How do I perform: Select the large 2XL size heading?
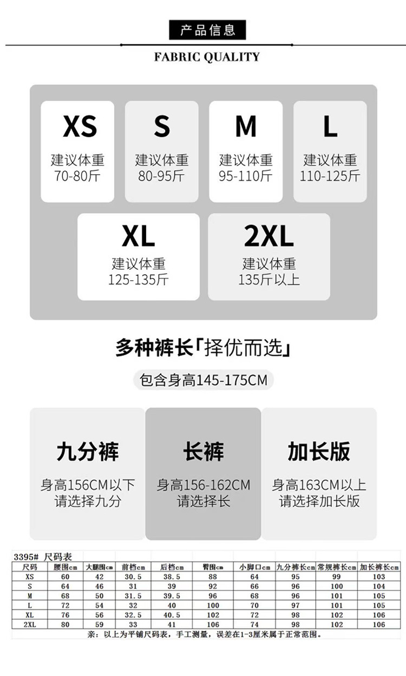(x=269, y=237)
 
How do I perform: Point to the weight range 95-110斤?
(x=246, y=176)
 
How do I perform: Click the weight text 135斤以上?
(x=269, y=280)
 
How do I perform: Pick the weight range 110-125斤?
(x=330, y=176)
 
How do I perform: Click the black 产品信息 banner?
(x=207, y=30)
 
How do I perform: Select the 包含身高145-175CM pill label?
(x=204, y=380)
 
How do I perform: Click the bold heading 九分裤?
(x=88, y=452)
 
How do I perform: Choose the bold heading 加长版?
(x=319, y=452)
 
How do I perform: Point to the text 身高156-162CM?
(x=204, y=485)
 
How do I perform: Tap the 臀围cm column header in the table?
(x=213, y=567)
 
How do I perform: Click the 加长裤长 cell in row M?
(x=379, y=596)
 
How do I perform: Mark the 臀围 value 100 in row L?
(x=213, y=605)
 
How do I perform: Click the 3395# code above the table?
(x=25, y=556)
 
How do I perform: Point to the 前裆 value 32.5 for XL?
(x=133, y=615)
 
